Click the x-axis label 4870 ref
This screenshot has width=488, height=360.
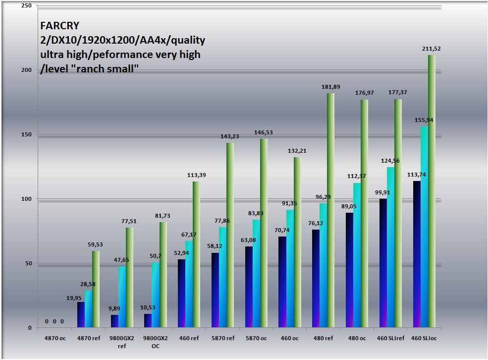[88, 338]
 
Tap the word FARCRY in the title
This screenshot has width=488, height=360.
[59, 26]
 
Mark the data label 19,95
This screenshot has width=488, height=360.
[73, 298]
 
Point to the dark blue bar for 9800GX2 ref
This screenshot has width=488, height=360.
[114, 321]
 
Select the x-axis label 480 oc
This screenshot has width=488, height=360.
[357, 338]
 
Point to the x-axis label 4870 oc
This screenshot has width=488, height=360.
[54, 338]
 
